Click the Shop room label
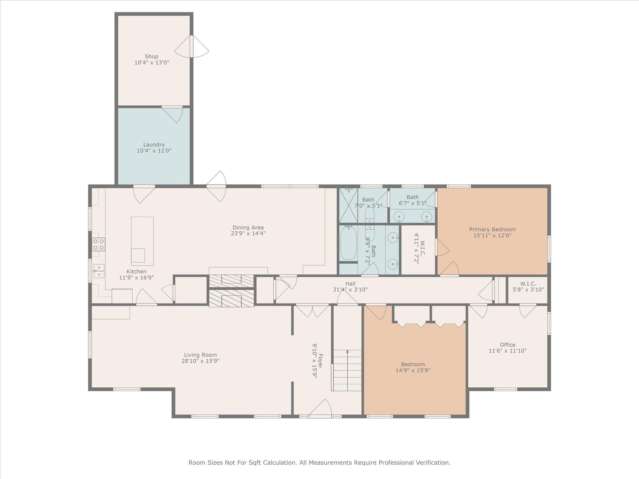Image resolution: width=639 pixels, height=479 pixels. [x=152, y=56]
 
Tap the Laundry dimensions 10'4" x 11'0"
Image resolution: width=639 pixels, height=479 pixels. [x=154, y=151]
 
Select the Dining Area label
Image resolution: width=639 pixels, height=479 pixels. [x=248, y=227]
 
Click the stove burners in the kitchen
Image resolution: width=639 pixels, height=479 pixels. [x=98, y=244]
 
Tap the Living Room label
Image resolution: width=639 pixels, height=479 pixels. [x=200, y=355]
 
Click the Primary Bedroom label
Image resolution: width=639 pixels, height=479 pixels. [x=492, y=230]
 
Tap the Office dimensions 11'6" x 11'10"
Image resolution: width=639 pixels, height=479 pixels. [x=508, y=351]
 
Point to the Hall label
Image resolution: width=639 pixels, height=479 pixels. [x=350, y=283]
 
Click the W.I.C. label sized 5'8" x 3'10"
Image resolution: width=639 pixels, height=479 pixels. [x=528, y=284]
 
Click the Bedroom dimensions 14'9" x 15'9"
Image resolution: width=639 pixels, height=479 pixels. [x=413, y=370]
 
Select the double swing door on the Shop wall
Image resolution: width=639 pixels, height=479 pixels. [x=192, y=46]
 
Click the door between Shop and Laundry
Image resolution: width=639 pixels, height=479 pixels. [x=172, y=114]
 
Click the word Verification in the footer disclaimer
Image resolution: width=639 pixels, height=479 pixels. [x=433, y=463]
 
